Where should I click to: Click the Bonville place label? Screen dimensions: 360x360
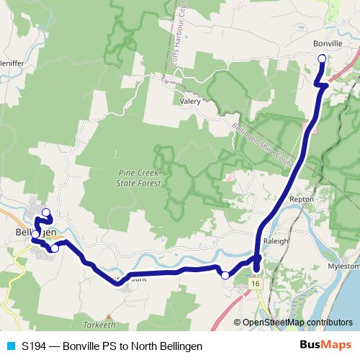tap(328, 44)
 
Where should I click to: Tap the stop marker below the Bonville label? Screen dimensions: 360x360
tap(321, 59)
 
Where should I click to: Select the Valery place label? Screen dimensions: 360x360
tap(190, 102)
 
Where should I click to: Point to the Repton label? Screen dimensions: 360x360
tap(299, 197)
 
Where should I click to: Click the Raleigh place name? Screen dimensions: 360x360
tap(276, 240)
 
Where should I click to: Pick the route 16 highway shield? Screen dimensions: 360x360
tap(256, 284)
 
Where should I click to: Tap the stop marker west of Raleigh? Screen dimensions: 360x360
tap(225, 274)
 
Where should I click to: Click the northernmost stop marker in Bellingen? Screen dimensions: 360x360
tap(46, 212)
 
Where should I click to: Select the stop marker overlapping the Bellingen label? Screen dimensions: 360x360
tap(35, 233)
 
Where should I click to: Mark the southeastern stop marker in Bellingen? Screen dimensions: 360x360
tap(55, 248)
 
